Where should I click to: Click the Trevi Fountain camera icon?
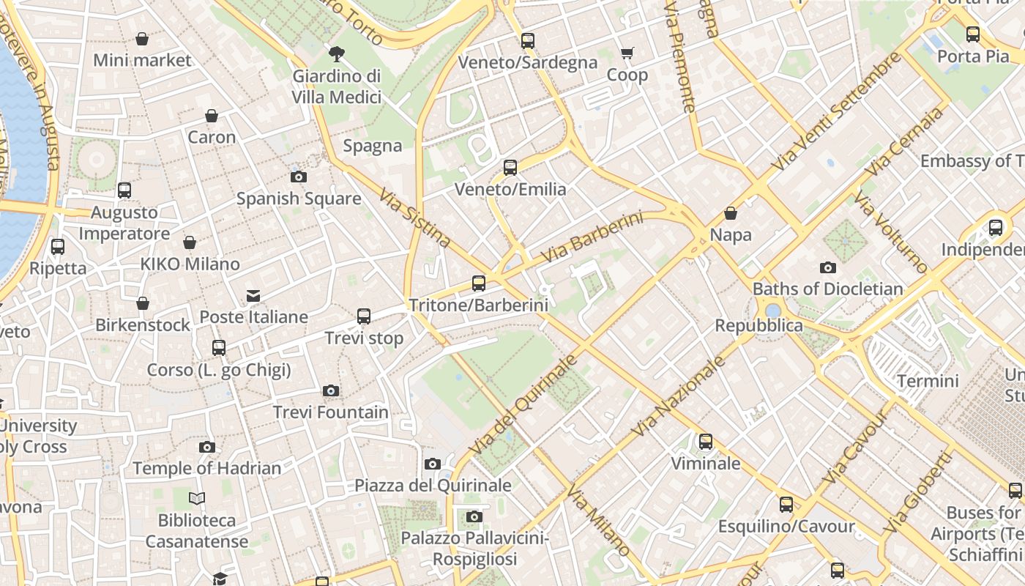point(331,391)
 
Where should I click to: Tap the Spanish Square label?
point(299,199)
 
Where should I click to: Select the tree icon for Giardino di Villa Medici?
point(337,53)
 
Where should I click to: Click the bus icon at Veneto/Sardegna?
point(528,41)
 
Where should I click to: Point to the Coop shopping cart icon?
point(627,53)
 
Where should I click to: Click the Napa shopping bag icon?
point(730,213)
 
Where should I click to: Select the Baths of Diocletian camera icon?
point(828,267)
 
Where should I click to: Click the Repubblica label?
point(759,325)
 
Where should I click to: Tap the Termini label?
point(928,381)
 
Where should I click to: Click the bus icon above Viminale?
point(706,442)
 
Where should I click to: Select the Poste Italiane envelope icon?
point(253,296)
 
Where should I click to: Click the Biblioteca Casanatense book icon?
point(197,499)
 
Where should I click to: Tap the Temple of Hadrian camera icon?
point(207,447)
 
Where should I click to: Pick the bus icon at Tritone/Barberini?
point(479,283)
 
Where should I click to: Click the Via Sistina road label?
point(415,218)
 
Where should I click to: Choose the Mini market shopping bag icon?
point(142,39)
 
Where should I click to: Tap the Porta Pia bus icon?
point(973,34)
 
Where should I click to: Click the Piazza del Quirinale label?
point(433,485)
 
